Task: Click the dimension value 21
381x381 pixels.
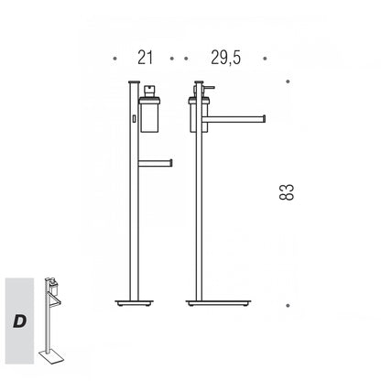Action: coord(145,58)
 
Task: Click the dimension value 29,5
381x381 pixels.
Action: coord(225,58)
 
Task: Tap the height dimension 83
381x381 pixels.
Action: coord(287,192)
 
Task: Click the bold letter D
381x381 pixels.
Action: coord(19,321)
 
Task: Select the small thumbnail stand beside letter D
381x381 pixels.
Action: coord(51,321)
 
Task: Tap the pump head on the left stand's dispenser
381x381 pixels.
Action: coord(149,91)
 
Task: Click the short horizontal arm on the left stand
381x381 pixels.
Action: coord(156,163)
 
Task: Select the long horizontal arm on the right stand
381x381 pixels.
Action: coord(234,119)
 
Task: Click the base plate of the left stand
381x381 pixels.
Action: coord(135,303)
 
